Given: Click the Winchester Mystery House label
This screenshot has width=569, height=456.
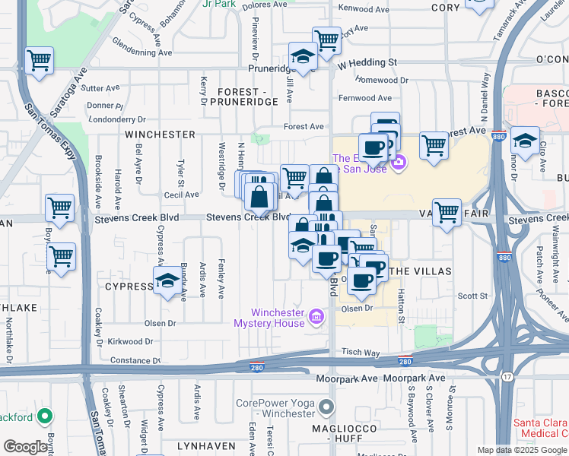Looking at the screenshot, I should (278, 318).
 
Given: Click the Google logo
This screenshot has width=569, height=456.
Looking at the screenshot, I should (26, 446).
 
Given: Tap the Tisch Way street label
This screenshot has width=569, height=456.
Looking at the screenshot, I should (360, 352).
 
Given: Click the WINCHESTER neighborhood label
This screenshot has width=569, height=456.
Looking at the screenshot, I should (161, 135).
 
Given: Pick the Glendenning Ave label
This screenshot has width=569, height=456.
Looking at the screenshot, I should (142, 52).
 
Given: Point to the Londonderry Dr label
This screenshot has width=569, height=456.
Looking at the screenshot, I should (117, 119).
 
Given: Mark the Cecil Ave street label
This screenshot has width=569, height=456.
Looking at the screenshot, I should (181, 195).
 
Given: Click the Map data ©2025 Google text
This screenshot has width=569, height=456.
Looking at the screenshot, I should (521, 450).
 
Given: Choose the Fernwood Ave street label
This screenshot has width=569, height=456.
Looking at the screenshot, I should (365, 98).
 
